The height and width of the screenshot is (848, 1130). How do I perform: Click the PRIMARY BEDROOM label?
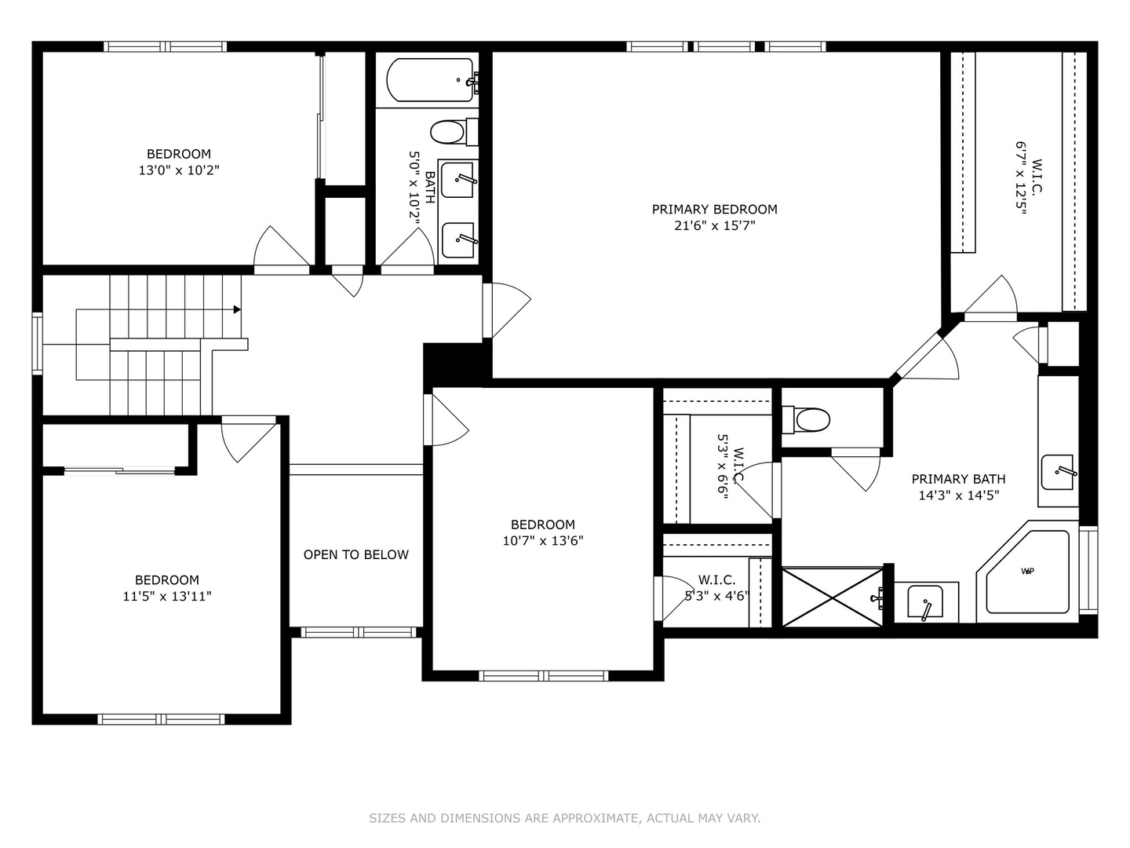714,209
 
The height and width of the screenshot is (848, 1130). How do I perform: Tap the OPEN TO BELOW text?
355,554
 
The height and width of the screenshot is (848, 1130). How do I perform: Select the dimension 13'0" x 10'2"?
179,170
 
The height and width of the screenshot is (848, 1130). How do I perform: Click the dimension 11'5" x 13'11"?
167,597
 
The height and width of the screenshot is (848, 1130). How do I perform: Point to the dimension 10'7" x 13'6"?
543,541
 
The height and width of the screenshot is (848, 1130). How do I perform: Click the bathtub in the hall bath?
430,80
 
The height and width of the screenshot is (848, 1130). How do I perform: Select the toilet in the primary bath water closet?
808,419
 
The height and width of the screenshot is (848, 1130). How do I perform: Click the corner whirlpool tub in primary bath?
1026,572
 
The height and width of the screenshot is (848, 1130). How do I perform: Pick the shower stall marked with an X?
833,598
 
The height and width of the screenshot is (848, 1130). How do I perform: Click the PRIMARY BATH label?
958,479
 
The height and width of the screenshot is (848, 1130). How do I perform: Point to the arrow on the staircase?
236,309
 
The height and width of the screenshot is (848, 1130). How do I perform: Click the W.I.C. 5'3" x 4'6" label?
716,587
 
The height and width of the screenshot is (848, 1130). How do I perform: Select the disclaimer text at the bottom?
564,818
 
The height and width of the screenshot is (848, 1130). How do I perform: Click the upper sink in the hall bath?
458,180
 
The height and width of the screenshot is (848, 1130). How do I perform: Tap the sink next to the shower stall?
926,603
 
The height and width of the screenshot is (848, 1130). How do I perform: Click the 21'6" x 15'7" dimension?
714,226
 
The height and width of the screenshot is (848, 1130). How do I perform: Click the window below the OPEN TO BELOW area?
358,632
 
